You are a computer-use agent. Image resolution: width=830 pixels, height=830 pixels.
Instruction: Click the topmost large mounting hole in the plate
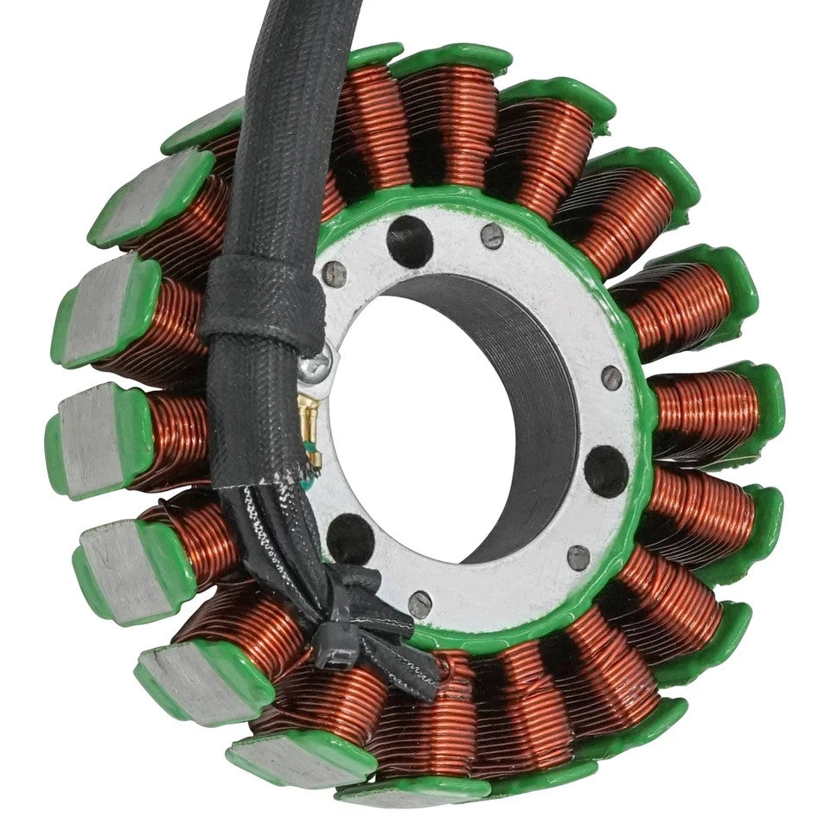coord(409,240)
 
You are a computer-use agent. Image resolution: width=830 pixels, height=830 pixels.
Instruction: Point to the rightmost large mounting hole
coord(606,470)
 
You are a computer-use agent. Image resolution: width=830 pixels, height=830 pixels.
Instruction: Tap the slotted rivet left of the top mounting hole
coord(334,274)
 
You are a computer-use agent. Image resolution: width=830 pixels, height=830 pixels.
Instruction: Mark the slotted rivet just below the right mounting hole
coord(579,557)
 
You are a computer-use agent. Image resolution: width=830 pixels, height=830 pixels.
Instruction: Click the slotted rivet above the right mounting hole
coord(611,376)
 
